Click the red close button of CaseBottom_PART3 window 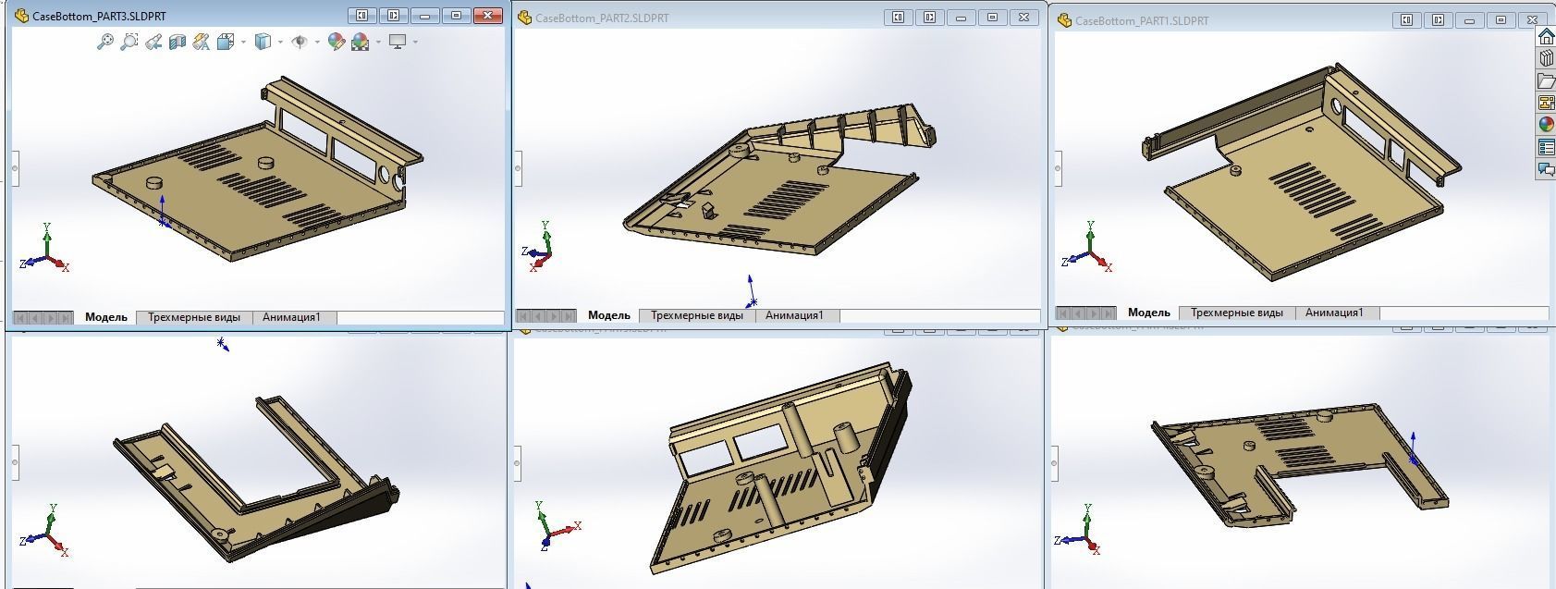point(486,16)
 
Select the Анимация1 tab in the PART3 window point(291,317)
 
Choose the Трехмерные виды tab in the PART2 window point(697,315)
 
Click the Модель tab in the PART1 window point(1149,313)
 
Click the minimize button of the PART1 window point(1469,20)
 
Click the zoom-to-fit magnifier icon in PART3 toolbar point(104,42)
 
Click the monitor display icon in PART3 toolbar point(398,42)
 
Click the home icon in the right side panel point(1546,37)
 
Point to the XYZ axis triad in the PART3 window point(46,252)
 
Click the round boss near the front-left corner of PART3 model point(154,184)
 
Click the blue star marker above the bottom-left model point(222,344)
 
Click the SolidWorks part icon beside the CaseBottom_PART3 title point(21,17)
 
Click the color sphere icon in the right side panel point(1546,124)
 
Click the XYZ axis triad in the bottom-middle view point(553,527)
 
